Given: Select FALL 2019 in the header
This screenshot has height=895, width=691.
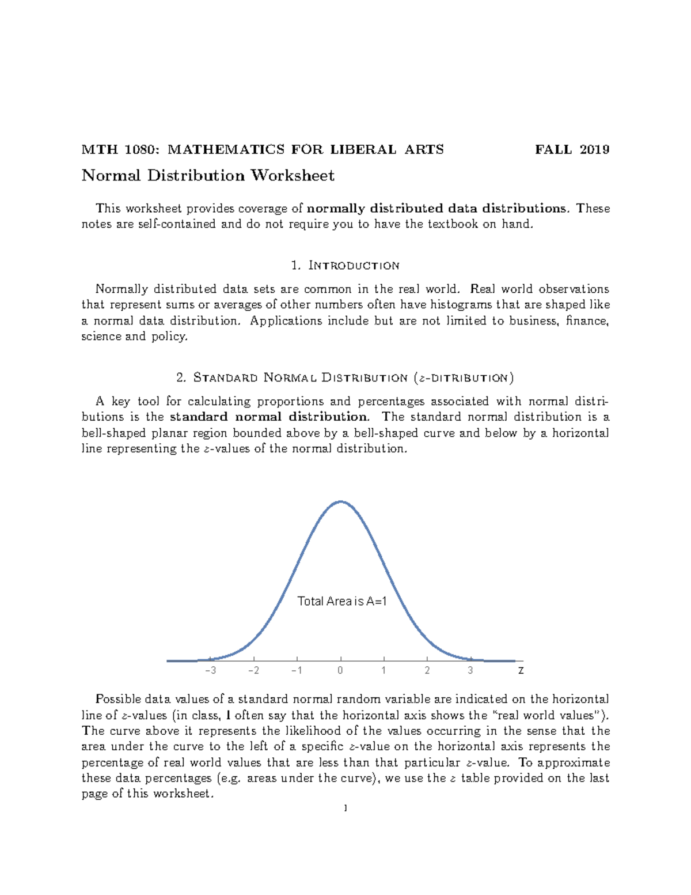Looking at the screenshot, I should point(572,150).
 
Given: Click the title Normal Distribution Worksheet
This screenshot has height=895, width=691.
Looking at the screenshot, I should point(208,176).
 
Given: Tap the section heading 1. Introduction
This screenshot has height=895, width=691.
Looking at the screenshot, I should point(345,266).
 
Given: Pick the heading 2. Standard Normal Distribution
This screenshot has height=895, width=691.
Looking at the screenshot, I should point(345,378).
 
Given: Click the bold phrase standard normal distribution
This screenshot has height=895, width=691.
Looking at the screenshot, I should point(268,417).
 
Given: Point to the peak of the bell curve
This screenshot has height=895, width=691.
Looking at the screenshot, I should point(341,501).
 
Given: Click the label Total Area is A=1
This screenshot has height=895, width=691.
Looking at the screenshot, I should point(342,602).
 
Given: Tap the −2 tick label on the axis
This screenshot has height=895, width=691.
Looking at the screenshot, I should point(253,671).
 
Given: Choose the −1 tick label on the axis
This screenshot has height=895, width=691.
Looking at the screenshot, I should point(297,671).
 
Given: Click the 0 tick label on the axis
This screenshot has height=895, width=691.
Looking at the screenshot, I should point(340,671).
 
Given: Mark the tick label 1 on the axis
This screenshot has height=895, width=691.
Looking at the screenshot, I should point(384,671).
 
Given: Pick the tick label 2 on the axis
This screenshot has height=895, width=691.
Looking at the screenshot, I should point(427,671).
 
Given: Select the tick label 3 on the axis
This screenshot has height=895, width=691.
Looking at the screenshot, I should point(470,671).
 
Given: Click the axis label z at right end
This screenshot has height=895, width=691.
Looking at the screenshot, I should point(521,671).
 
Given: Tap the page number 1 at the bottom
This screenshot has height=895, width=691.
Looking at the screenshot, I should point(345,809).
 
